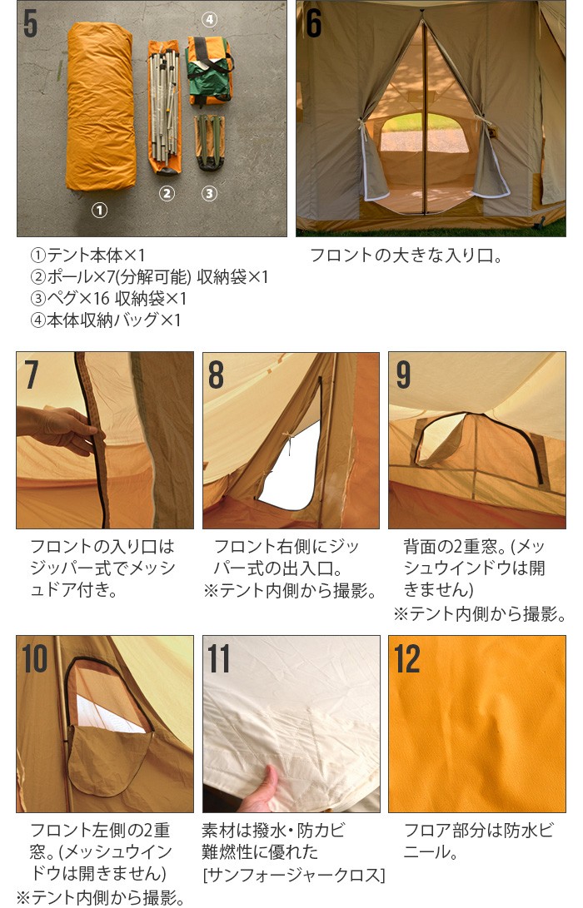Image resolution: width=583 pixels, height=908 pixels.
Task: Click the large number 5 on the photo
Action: (31, 23)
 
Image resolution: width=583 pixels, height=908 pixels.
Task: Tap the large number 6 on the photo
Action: (313, 23)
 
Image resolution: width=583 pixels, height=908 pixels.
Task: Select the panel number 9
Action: (403, 375)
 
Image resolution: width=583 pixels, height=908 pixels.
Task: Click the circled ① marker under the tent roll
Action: (99, 211)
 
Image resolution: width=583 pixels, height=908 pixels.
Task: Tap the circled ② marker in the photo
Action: (167, 194)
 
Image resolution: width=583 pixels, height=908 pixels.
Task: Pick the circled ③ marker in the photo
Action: (209, 194)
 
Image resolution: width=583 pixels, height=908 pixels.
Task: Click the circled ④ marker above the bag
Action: (209, 19)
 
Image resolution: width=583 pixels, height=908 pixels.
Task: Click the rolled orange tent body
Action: (101, 108)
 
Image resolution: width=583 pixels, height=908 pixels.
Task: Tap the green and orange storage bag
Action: (208, 71)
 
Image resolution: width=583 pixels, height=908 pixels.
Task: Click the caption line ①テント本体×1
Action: (87, 256)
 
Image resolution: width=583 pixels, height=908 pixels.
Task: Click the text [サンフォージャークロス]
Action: (294, 874)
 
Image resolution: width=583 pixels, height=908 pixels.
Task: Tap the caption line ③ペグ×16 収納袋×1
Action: (108, 299)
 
